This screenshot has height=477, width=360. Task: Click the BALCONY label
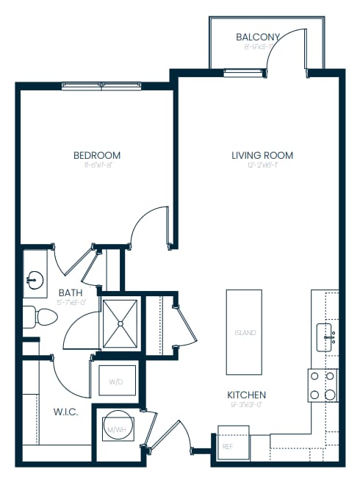(258, 37)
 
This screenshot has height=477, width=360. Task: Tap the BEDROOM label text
(97, 155)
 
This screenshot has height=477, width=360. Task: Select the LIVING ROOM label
(262, 155)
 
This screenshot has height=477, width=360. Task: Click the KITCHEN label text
(246, 395)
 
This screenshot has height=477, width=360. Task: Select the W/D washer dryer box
(117, 381)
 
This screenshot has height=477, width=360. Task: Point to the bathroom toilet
(42, 317)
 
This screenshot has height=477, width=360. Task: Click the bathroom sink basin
(34, 279)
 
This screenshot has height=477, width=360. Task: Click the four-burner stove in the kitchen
(322, 384)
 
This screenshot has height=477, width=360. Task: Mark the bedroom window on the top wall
(102, 85)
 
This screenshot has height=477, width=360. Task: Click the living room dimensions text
(262, 166)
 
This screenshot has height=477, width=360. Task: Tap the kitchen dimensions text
(246, 405)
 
